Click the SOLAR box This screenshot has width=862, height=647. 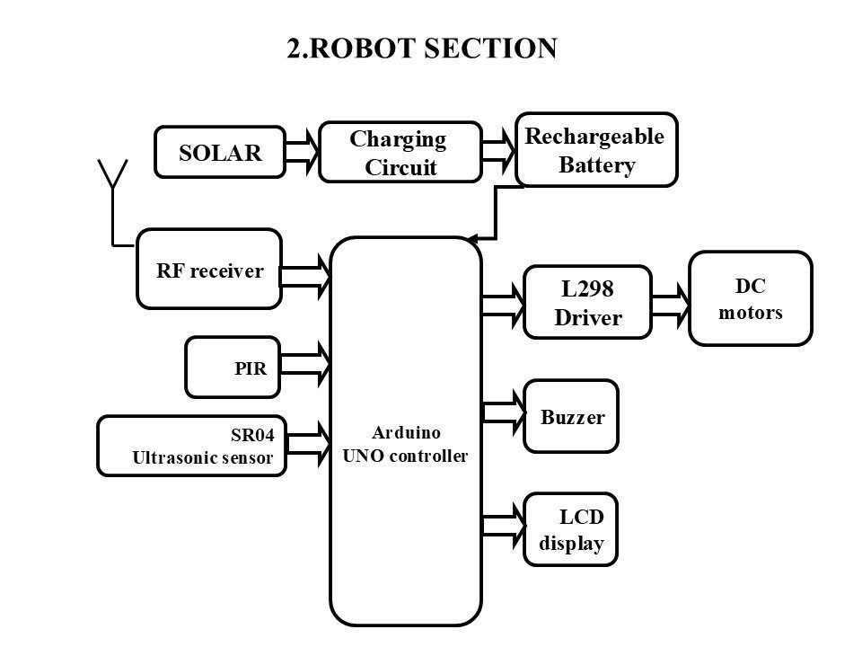pos(220,152)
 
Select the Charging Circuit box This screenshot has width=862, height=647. pos(400,153)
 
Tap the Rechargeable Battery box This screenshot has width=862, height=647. pos(596,150)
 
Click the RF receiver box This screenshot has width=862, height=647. pos(209,269)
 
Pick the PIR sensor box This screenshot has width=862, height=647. pos(233,368)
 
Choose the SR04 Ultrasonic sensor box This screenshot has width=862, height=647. pos(190,447)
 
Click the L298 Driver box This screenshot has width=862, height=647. pos(586,303)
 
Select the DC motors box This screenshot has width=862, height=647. pos(750,298)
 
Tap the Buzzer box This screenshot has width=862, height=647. pos(572,417)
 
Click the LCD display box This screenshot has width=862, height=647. pos(571,529)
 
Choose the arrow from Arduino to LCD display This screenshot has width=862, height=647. pos(503,528)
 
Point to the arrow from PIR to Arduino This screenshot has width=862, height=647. pos(306,364)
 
